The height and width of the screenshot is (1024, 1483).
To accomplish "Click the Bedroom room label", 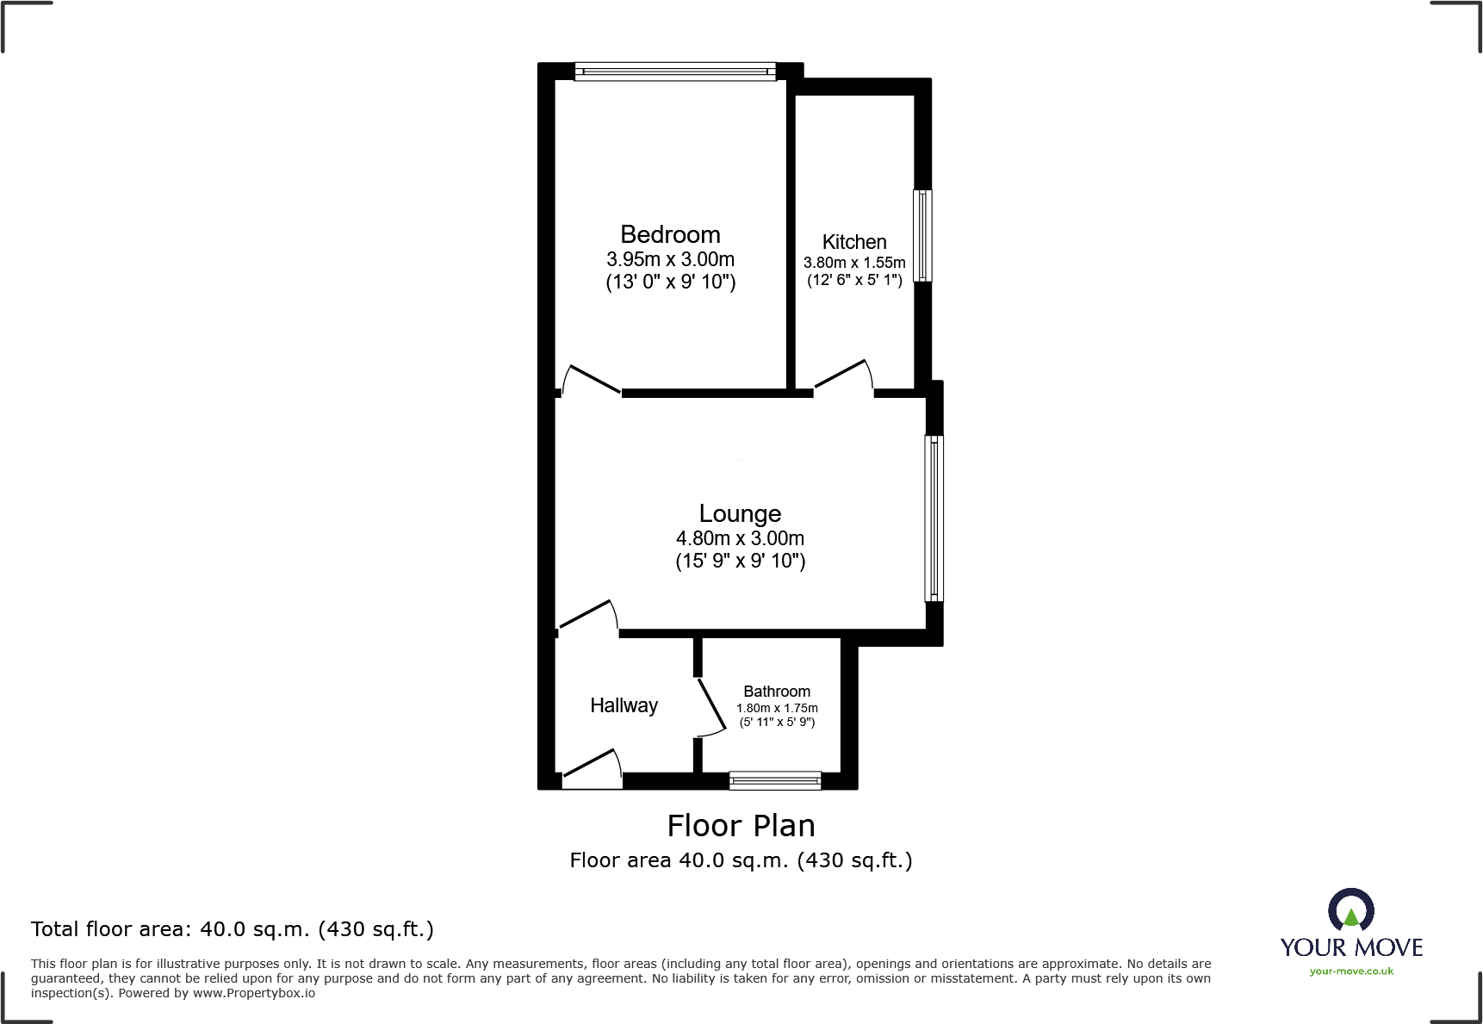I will pos(670,234).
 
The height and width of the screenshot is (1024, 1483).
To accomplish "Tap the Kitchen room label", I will pos(854,242).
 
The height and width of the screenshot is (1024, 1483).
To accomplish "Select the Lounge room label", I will pos(740,513).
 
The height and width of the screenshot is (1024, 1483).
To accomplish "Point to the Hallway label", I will pos(624,705).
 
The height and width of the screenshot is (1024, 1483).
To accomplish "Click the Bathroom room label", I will pos(777,692).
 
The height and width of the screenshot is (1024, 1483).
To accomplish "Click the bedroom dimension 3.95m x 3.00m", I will pos(670,259).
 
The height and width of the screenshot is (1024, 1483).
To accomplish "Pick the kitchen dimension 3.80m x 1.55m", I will pos(854,263).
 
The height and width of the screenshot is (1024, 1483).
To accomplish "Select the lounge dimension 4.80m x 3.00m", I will pos(740,538).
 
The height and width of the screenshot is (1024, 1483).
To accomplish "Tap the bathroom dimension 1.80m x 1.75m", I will pos(777,708).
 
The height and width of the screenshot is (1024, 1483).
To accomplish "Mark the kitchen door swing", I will pos(843,375).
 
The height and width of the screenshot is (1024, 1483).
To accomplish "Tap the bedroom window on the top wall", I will pos(675,71).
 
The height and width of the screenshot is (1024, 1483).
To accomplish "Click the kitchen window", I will pos(922,235).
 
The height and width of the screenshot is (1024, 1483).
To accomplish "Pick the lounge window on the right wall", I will pos(934,518).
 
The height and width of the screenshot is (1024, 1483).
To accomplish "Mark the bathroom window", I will pos(775,781).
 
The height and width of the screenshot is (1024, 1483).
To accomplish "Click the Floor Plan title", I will pos(741,826).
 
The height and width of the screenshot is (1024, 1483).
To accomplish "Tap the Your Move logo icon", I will pos(1350,911).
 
